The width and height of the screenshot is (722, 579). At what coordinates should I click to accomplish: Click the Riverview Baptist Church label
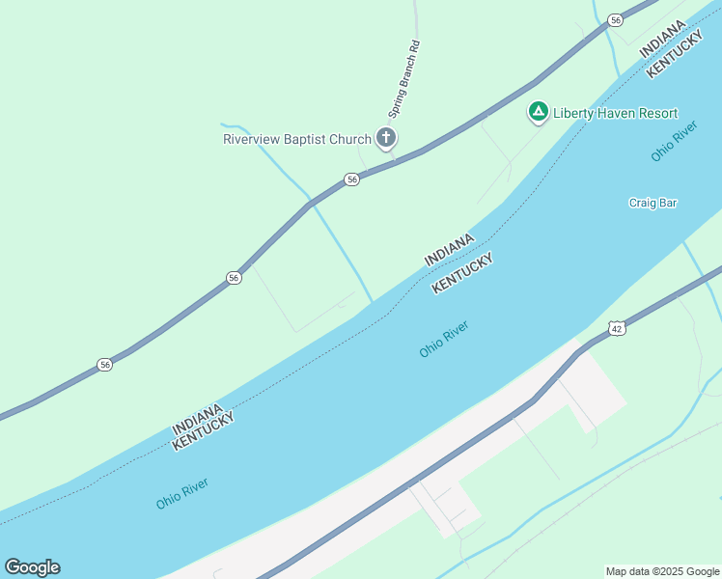(296, 139)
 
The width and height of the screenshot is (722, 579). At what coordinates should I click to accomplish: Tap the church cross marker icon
(386, 138)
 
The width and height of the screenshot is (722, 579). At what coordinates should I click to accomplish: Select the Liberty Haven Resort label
(615, 113)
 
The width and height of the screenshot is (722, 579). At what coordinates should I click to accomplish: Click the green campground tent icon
(538, 112)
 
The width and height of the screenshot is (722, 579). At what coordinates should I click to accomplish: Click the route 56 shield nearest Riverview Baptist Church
(352, 179)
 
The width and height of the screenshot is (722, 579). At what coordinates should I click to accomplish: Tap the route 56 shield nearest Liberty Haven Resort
(615, 19)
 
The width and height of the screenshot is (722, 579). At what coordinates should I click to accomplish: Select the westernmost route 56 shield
(104, 364)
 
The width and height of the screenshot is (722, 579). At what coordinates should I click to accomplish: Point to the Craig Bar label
(653, 203)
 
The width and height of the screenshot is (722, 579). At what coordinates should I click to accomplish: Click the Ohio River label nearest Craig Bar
(674, 141)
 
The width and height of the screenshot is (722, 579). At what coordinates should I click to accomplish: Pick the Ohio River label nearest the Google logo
(181, 494)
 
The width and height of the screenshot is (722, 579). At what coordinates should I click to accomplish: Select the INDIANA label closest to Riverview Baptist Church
(449, 250)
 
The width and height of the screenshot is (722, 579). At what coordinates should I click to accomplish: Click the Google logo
(32, 567)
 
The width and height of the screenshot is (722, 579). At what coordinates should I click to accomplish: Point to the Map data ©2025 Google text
(662, 571)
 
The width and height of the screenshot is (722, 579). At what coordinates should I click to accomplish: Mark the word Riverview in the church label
(252, 139)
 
